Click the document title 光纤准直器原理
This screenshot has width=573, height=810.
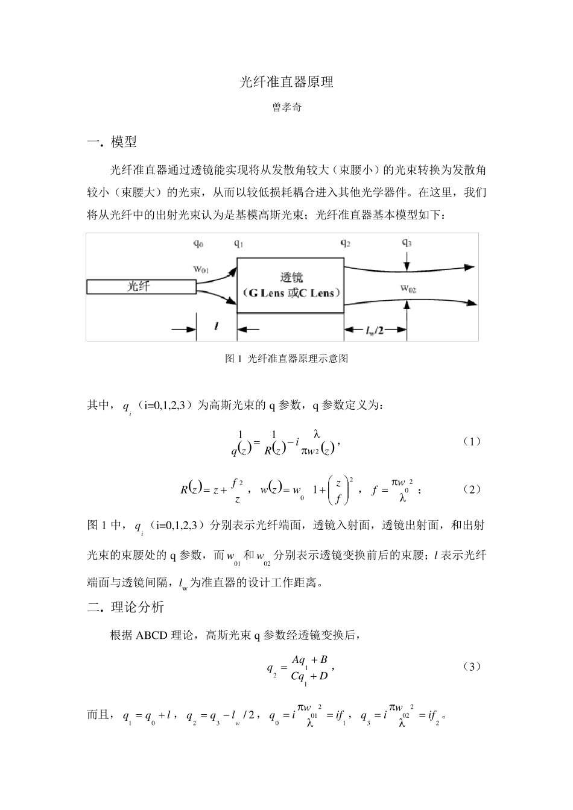tap(286, 83)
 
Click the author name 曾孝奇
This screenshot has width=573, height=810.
tap(286, 109)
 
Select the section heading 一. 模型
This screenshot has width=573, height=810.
tap(112, 142)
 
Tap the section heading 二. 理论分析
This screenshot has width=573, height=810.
tap(125, 607)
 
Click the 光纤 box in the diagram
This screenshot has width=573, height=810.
tap(141, 286)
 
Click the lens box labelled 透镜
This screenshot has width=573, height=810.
tap(290, 286)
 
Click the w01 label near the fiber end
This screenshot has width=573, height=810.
tap(201, 269)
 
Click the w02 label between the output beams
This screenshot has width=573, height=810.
tap(408, 288)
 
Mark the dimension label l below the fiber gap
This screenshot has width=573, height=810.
tap(216, 327)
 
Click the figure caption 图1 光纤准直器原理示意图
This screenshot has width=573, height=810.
tap(286, 359)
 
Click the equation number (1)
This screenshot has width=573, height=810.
tap(472, 441)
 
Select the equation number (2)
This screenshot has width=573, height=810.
tap(472, 489)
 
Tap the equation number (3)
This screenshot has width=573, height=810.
tap(472, 667)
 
